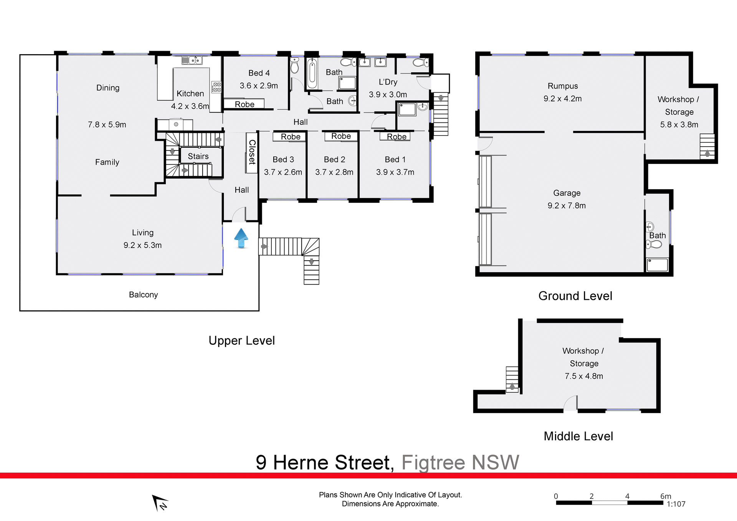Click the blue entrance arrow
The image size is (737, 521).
pyautogui.click(x=241, y=238)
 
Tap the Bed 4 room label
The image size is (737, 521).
pyautogui.click(x=259, y=73)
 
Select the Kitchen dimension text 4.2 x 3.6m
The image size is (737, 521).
pyautogui.click(x=190, y=106)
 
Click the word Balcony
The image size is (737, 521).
pyautogui.click(x=143, y=294)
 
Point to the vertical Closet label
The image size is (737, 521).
pyautogui.click(x=252, y=152)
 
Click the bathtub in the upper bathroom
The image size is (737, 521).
pyautogui.click(x=312, y=73)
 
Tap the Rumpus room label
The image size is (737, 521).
pyautogui.click(x=562, y=86)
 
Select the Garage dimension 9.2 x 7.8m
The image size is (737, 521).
pyautogui.click(x=567, y=205)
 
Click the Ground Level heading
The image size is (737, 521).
pyautogui.click(x=575, y=296)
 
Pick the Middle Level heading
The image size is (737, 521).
pyautogui.click(x=578, y=436)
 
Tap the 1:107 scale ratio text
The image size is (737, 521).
pyautogui.click(x=676, y=504)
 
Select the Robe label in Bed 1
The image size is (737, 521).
pyautogui.click(x=396, y=137)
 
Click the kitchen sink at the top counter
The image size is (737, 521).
pyautogui.click(x=192, y=60)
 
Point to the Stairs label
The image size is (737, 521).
pyautogui.click(x=198, y=156)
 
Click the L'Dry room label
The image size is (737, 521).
pyautogui.click(x=388, y=82)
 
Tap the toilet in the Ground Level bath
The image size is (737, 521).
pyautogui.click(x=654, y=244)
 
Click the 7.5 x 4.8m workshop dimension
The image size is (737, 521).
pyautogui.click(x=583, y=376)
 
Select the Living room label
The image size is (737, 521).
pyautogui.click(x=142, y=233)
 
